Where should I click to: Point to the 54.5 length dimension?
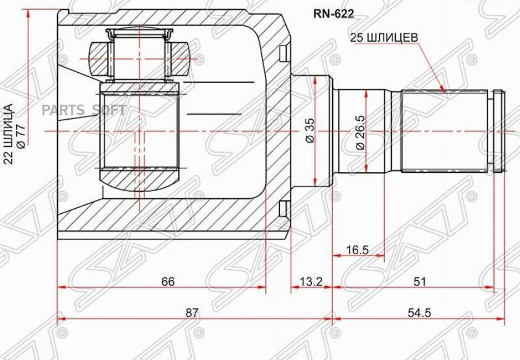click(419, 312)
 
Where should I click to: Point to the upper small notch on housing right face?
click(283, 53)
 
